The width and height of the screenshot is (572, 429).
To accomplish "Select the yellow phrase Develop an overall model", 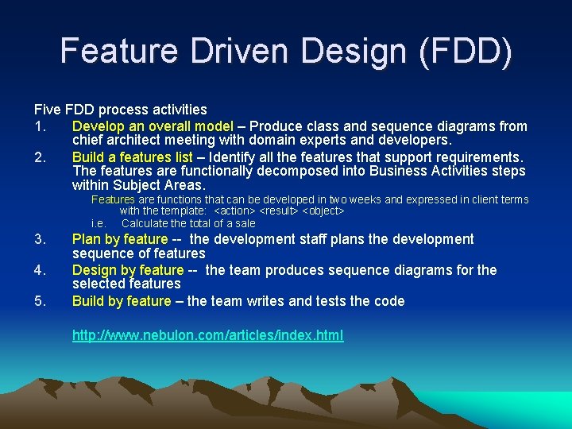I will [x=153, y=126].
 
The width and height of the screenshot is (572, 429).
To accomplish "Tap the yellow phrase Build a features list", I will [x=133, y=157].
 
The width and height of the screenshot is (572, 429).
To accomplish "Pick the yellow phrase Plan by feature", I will [x=120, y=239].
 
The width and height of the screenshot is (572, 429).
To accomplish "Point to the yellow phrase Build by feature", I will [x=122, y=301].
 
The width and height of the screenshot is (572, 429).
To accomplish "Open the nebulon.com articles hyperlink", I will [x=208, y=335].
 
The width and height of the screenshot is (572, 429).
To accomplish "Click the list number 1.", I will [x=40, y=126].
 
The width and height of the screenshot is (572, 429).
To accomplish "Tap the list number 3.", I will [x=40, y=239].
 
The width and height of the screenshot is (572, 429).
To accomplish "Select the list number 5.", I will [x=40, y=301].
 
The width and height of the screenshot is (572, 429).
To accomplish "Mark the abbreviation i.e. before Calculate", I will [x=99, y=223].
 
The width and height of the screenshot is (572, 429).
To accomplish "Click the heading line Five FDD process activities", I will [x=120, y=110].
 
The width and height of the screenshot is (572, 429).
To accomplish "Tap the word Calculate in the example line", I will [x=145, y=223].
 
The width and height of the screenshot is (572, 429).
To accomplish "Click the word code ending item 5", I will [x=389, y=301].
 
